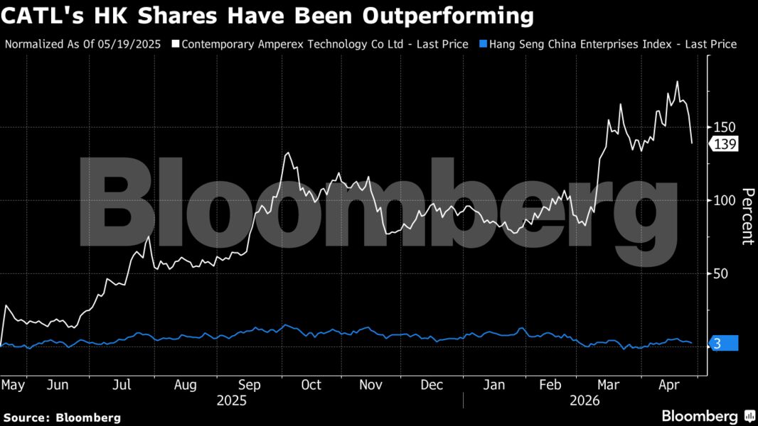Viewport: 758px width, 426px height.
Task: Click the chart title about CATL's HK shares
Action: tap(267, 15)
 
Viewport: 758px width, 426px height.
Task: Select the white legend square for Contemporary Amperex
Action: tap(176, 44)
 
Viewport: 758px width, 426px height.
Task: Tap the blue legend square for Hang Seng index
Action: tap(483, 44)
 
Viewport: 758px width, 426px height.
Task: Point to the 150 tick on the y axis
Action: tap(725, 127)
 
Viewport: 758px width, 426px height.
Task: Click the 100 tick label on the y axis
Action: tap(725, 200)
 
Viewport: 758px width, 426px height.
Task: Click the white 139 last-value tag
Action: tap(725, 144)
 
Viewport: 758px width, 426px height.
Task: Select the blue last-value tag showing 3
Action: tap(723, 344)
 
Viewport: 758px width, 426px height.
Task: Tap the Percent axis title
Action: tap(747, 216)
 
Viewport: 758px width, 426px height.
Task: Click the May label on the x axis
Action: tap(14, 385)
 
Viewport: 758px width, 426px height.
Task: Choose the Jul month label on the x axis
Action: tap(122, 385)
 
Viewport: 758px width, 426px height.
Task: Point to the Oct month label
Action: tap(311, 385)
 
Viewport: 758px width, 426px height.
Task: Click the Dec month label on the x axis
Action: tap(432, 385)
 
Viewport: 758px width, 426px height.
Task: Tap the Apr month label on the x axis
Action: tap(668, 385)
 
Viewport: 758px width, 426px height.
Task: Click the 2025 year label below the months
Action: tap(232, 400)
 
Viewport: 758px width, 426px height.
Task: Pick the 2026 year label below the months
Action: tap(585, 400)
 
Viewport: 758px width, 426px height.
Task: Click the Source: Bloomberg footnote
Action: tap(62, 417)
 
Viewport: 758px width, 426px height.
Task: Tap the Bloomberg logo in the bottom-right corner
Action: tap(708, 416)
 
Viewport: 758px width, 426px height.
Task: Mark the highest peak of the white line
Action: tap(677, 82)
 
